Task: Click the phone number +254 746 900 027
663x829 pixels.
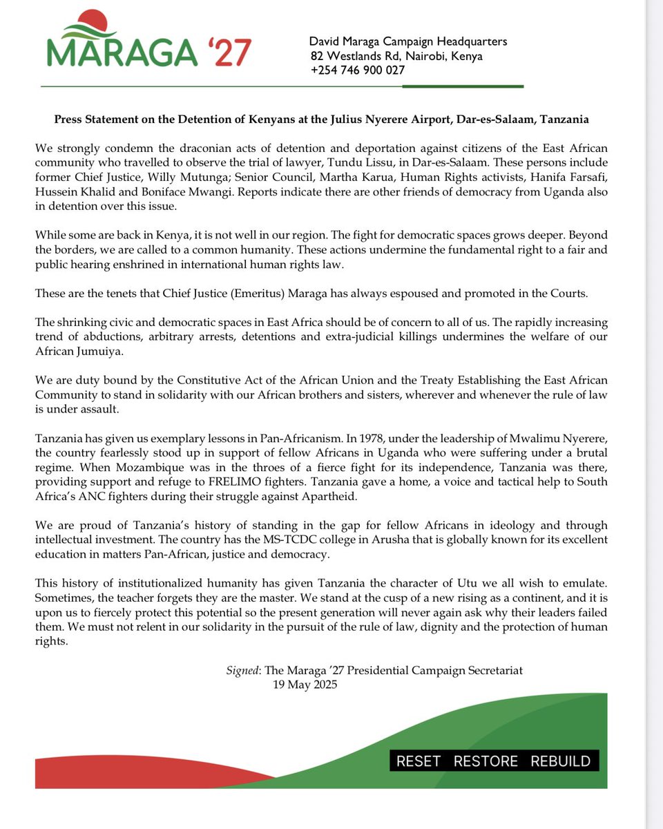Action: [x=358, y=70]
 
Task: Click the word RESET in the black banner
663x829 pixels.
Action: [x=419, y=761]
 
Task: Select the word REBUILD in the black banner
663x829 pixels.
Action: [x=560, y=761]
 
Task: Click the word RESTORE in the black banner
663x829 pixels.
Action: [x=486, y=761]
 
